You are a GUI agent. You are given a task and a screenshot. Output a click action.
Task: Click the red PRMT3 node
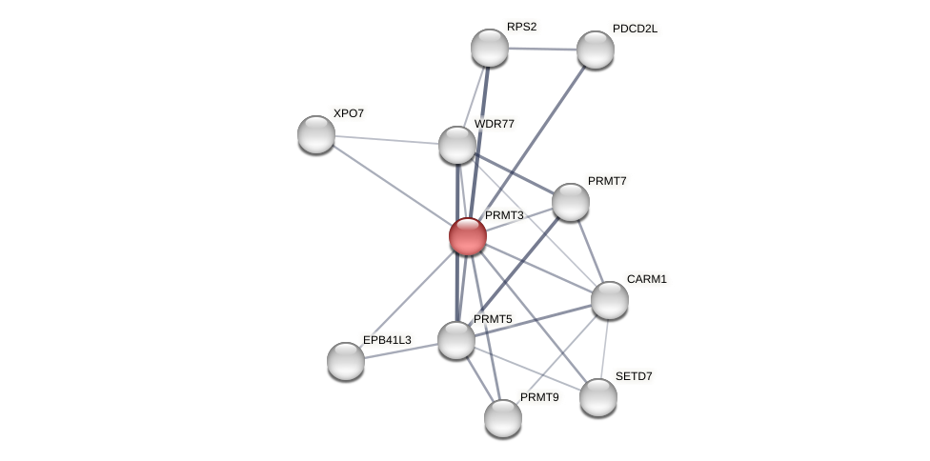click(x=468, y=236)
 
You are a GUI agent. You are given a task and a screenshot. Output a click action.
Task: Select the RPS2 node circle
click(x=490, y=48)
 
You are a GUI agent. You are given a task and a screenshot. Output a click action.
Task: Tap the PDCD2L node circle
click(x=596, y=50)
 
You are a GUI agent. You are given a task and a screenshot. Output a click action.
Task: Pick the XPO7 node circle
click(x=316, y=134)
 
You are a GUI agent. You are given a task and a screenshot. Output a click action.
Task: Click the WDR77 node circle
click(x=457, y=145)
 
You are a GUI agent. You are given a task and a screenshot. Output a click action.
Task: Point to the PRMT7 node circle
click(x=571, y=202)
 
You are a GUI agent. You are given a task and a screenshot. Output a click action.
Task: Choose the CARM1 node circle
click(x=610, y=300)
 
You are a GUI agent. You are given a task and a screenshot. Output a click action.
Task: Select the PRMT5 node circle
click(x=456, y=340)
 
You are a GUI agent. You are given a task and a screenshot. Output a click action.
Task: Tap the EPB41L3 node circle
click(x=346, y=361)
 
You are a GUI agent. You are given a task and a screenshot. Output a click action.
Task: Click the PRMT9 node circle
click(x=503, y=418)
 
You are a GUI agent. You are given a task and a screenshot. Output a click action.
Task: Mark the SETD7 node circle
click(x=598, y=397)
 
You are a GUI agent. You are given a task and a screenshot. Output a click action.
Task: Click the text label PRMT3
click(x=504, y=215)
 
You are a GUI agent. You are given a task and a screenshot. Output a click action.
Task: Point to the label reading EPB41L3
click(x=387, y=340)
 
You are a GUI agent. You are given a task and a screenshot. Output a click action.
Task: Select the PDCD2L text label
click(x=635, y=29)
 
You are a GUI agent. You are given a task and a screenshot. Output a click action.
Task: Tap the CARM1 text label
click(x=646, y=279)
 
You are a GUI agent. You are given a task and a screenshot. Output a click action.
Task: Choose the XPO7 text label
click(x=348, y=113)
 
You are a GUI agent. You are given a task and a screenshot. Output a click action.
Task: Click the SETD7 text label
click(x=634, y=376)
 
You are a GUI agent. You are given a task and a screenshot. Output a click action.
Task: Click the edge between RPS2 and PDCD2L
click(x=542, y=49)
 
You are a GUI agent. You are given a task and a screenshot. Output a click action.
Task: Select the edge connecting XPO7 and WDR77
click(x=387, y=140)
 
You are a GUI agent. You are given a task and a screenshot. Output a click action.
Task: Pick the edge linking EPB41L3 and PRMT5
click(x=401, y=351)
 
